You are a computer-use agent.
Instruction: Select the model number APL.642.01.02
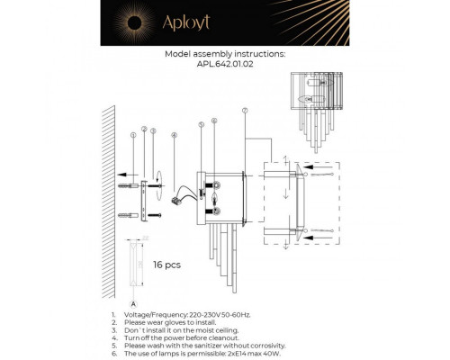(226, 65)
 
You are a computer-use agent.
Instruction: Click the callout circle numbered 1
(132, 135)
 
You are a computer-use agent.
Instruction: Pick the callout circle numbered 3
(154, 132)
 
